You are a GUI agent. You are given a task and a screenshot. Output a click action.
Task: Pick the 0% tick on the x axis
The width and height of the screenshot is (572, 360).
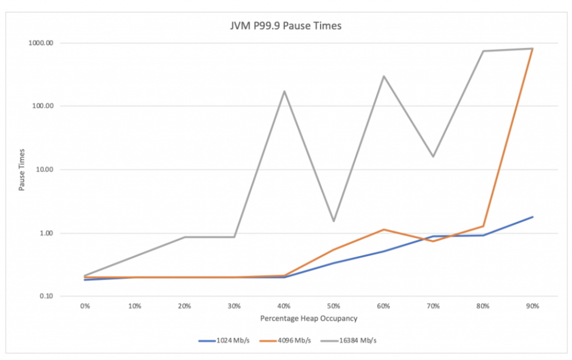85,306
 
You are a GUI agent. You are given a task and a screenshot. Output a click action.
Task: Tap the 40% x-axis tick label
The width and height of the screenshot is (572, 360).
284,306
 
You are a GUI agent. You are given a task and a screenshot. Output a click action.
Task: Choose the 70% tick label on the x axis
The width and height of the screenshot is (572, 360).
433,306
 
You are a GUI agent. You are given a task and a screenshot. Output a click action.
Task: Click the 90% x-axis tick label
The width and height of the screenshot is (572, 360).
532,306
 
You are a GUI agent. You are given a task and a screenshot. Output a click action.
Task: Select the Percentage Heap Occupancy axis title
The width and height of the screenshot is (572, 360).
308,319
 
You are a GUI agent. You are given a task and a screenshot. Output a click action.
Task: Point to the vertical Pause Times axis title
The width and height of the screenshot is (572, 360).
22,170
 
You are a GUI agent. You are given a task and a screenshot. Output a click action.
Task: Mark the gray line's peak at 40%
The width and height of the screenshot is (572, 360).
284,91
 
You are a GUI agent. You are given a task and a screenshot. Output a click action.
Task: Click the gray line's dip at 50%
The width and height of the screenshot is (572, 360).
333,221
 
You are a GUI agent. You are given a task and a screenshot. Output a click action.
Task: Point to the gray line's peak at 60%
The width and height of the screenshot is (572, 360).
383,76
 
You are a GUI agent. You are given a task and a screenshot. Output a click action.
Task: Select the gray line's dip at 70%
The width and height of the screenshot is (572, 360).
433,156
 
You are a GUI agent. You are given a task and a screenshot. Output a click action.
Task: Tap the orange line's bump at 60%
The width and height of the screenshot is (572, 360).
383,229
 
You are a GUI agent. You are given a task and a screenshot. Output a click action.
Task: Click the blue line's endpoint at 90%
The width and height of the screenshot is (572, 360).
532,217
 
